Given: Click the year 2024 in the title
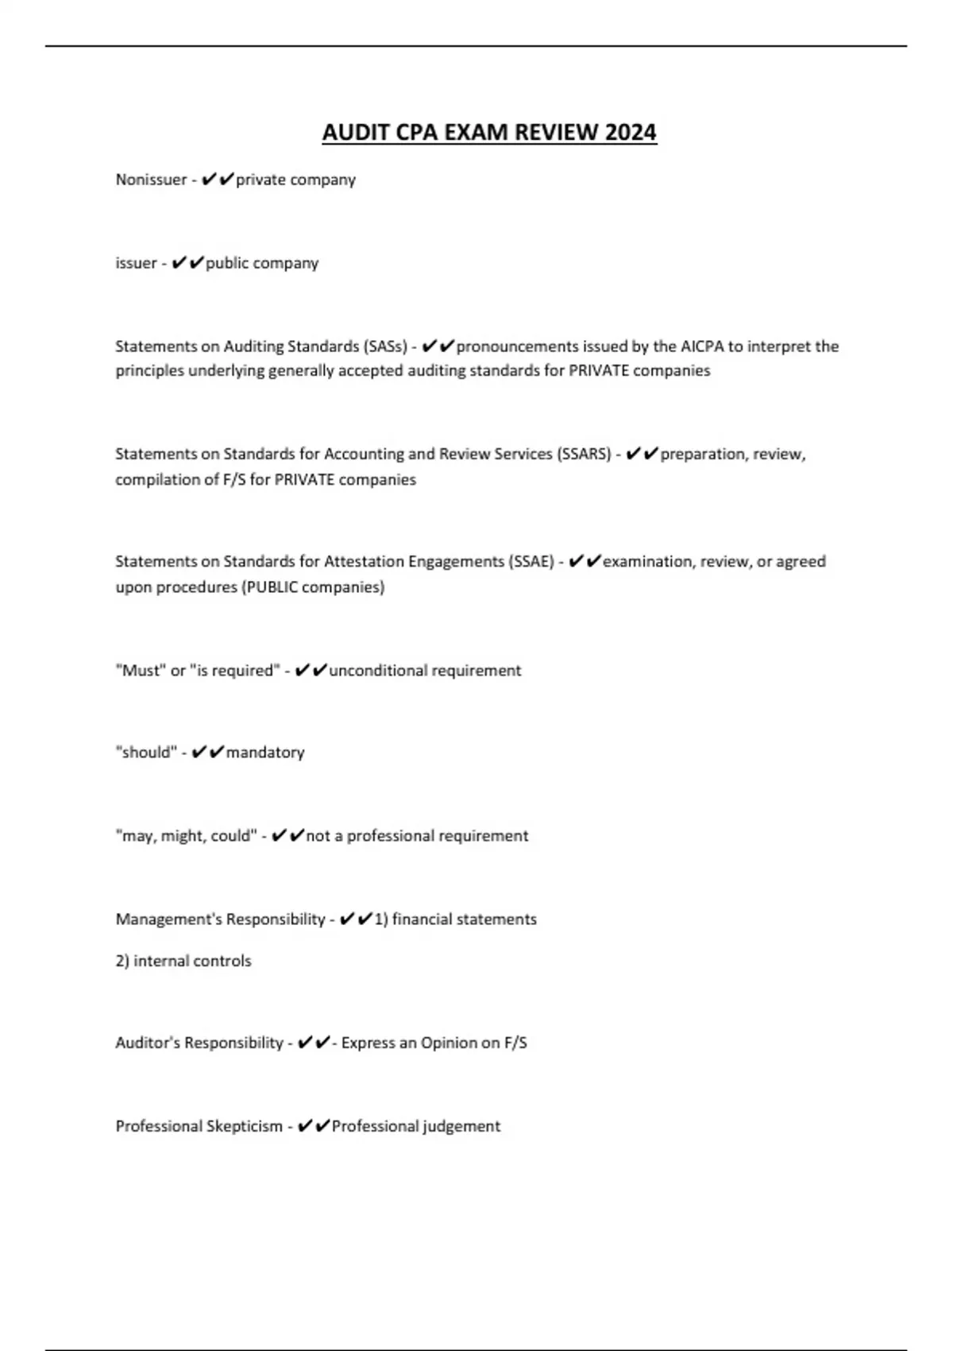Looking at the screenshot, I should pyautogui.click(x=631, y=132).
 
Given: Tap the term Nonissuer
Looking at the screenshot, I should pyautogui.click(x=151, y=180).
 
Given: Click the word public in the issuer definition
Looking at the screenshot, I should pyautogui.click(x=227, y=263).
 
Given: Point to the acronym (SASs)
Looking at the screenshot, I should pyautogui.click(x=385, y=346).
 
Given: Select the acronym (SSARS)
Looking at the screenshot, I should pyautogui.click(x=585, y=454).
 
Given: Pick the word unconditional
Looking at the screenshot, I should pyautogui.click(x=378, y=671).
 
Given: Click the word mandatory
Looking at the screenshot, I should pyautogui.click(x=265, y=753).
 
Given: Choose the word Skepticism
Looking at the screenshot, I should pyautogui.click(x=244, y=1126).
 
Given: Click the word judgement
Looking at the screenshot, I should pyautogui.click(x=461, y=1126).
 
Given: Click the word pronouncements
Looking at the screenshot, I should pyautogui.click(x=518, y=346).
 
